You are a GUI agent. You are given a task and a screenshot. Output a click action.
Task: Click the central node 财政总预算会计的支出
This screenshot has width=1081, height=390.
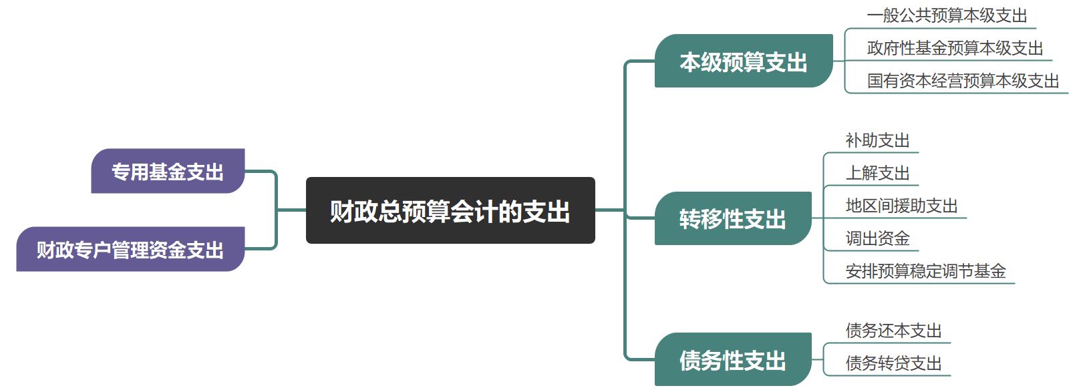(450, 211)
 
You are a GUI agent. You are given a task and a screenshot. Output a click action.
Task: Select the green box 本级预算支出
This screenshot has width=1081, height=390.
(743, 61)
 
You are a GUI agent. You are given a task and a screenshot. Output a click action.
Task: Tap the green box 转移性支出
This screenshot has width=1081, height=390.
(732, 218)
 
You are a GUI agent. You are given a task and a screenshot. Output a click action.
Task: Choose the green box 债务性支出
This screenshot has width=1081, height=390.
(732, 360)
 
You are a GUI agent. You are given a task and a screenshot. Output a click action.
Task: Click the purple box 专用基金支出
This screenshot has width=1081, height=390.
(168, 172)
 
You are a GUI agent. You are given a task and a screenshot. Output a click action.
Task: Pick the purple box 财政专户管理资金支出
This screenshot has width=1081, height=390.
(130, 250)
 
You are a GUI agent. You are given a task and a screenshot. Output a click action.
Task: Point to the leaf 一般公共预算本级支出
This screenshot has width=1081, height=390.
(946, 15)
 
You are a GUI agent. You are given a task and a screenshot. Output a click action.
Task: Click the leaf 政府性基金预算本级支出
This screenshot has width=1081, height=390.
(955, 48)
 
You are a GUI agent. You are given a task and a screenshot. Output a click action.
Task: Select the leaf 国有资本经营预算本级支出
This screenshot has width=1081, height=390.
(963, 81)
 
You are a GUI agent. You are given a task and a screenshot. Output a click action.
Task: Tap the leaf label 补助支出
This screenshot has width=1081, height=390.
(877, 140)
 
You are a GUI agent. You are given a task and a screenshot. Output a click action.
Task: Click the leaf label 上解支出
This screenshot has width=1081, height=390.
(877, 173)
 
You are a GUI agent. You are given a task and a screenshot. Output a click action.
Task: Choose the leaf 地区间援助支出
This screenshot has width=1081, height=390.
(901, 206)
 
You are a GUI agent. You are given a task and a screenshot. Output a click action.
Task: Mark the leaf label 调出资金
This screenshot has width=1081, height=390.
(877, 238)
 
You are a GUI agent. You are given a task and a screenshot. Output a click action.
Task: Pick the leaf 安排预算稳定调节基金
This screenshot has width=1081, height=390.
(925, 271)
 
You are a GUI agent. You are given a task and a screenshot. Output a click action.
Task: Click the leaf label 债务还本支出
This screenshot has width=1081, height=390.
(893, 331)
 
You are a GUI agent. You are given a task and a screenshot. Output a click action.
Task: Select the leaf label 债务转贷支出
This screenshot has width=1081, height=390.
(893, 363)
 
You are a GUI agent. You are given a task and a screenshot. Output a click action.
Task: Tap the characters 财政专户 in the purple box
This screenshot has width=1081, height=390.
(73, 250)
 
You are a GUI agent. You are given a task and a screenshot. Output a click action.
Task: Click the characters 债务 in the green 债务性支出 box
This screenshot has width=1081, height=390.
(700, 360)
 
